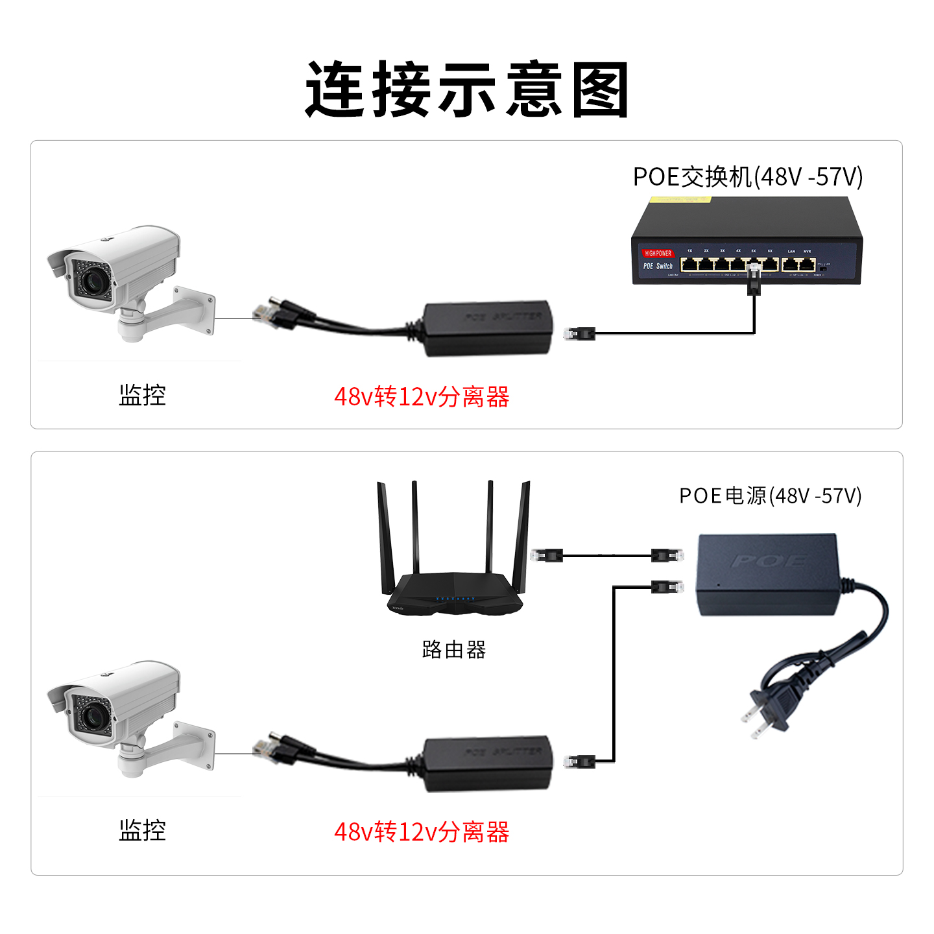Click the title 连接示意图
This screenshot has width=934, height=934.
click(x=467, y=90)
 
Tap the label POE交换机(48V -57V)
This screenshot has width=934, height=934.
click(x=747, y=176)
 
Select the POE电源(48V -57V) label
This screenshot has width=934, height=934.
click(x=770, y=496)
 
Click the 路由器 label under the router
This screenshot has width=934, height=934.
click(x=454, y=649)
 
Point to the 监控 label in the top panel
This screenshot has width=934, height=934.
click(x=143, y=395)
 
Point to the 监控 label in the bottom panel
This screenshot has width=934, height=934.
click(x=143, y=830)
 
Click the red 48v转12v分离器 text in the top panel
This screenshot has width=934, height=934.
click(x=422, y=397)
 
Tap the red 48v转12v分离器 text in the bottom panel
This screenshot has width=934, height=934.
click(x=422, y=832)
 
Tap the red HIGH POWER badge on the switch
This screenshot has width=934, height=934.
click(x=658, y=253)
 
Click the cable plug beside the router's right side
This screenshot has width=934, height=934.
click(x=546, y=555)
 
